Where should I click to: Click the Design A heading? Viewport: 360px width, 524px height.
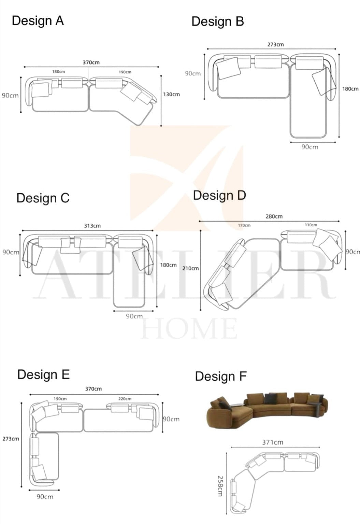pyautogui.click(x=38, y=21)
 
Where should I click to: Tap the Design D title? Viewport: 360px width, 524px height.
pyautogui.click(x=219, y=196)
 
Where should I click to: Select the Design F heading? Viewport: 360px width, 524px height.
pyautogui.click(x=220, y=377)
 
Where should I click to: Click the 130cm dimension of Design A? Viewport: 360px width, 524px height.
pyautogui.click(x=171, y=95)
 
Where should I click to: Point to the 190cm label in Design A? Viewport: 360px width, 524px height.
pyautogui.click(x=125, y=72)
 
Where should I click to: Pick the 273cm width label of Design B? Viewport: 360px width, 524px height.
pyautogui.click(x=275, y=45)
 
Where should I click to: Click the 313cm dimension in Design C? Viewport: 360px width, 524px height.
pyautogui.click(x=92, y=226)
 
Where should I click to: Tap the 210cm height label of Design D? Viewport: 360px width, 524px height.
pyautogui.click(x=190, y=268)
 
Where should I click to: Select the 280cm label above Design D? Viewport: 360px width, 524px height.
pyautogui.click(x=274, y=216)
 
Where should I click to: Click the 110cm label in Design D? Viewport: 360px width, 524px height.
pyautogui.click(x=311, y=225)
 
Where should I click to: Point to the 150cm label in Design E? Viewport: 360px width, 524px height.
pyautogui.click(x=60, y=399)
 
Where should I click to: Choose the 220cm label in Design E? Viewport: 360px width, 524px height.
pyautogui.click(x=125, y=399)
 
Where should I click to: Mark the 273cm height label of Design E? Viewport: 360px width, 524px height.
pyautogui.click(x=11, y=439)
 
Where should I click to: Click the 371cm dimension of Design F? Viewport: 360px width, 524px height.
pyautogui.click(x=273, y=442)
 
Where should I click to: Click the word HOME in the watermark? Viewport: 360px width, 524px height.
pyautogui.click(x=189, y=328)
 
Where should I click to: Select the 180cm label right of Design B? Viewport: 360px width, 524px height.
pyautogui.click(x=350, y=89)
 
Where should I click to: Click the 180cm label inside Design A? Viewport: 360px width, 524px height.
pyautogui.click(x=58, y=72)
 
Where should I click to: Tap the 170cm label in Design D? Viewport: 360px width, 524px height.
pyautogui.click(x=244, y=225)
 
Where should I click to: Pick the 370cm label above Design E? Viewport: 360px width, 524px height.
pyautogui.click(x=93, y=389)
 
